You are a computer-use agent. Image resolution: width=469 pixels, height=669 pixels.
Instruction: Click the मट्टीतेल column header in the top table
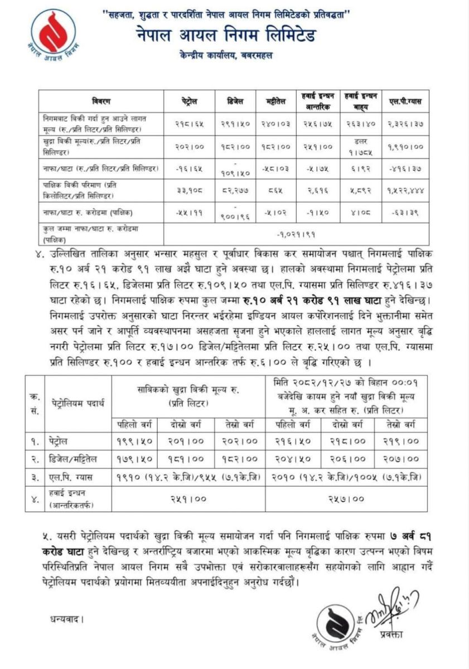pyautogui.click(x=276, y=101)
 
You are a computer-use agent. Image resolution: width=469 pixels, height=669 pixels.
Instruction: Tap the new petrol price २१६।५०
pyautogui.click(x=297, y=440)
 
